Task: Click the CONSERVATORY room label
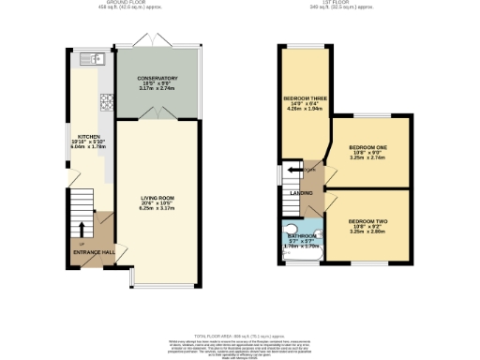[157, 77]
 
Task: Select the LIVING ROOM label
[157, 198]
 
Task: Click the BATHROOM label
[300, 235]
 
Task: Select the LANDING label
[300, 192]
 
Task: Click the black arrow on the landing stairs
[295, 169]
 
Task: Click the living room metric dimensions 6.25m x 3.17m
[157, 209]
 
